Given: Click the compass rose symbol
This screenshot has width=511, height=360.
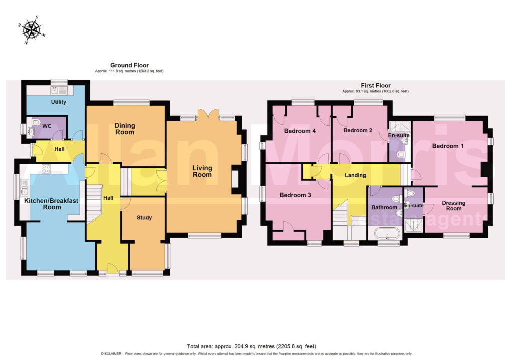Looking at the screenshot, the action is tap(32, 30).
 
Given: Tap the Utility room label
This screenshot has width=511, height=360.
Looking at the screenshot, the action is tap(59, 102).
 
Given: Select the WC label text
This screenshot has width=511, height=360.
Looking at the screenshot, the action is tap(47, 126).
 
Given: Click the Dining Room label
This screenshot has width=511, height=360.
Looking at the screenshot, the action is tap(124, 129).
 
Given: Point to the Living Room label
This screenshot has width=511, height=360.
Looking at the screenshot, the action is tap(202, 171).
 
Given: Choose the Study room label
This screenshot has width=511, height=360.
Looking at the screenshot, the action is tap(144, 218).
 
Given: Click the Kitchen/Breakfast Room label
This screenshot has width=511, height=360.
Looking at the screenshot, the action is tap(52, 204).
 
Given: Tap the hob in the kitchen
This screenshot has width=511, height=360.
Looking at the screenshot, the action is tap(46, 168).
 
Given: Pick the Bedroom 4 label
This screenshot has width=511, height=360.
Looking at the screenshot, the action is tap(300, 131).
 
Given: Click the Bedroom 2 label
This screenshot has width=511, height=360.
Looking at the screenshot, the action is tap(358, 130).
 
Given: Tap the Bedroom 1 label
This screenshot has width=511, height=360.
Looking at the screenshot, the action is tap(448, 146).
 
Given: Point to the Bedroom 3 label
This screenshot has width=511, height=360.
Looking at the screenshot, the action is tap(295, 195).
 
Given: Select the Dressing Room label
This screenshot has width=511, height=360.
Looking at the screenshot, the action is tap(453, 205).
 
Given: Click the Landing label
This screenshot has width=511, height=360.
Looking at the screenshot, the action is tap(355, 175).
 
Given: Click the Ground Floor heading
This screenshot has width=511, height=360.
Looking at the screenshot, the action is tap(129, 65).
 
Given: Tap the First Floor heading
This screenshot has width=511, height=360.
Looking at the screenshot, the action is tap(375, 85).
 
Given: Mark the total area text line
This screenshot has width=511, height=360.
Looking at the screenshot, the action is tap(252, 346).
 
